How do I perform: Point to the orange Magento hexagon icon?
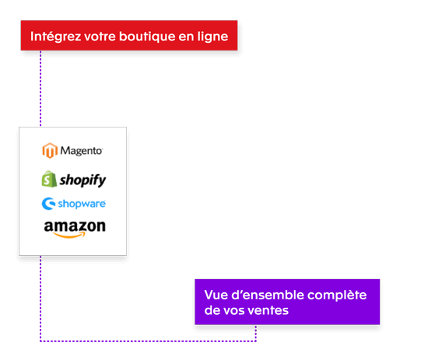(50, 151)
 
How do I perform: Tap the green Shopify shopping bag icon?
(49, 179)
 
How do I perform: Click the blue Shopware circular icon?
(47, 204)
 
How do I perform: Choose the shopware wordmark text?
(82, 204)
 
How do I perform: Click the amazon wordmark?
(75, 226)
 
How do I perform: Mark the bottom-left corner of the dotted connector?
(40, 340)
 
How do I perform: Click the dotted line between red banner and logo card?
(40, 89)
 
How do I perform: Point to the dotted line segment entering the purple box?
(256, 332)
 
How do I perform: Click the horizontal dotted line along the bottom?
(148, 340)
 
